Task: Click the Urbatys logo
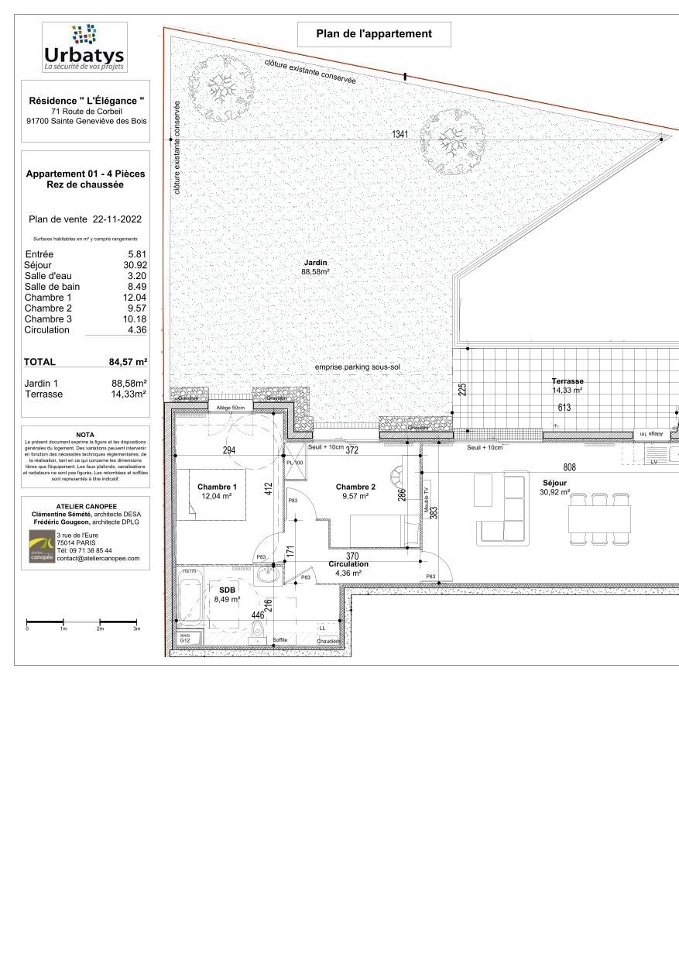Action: [x=84, y=48]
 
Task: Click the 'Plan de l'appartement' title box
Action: [x=374, y=34]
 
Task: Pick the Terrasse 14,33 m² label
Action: [x=567, y=386]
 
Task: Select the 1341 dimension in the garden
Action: [x=400, y=135]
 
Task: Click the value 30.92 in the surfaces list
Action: [x=136, y=265]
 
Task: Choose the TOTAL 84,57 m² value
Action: [x=128, y=361]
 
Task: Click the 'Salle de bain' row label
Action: [x=52, y=287]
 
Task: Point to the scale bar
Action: [x=83, y=622]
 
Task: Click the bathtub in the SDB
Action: [x=190, y=598]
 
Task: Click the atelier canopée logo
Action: [x=42, y=546]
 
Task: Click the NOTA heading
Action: [x=86, y=435]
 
